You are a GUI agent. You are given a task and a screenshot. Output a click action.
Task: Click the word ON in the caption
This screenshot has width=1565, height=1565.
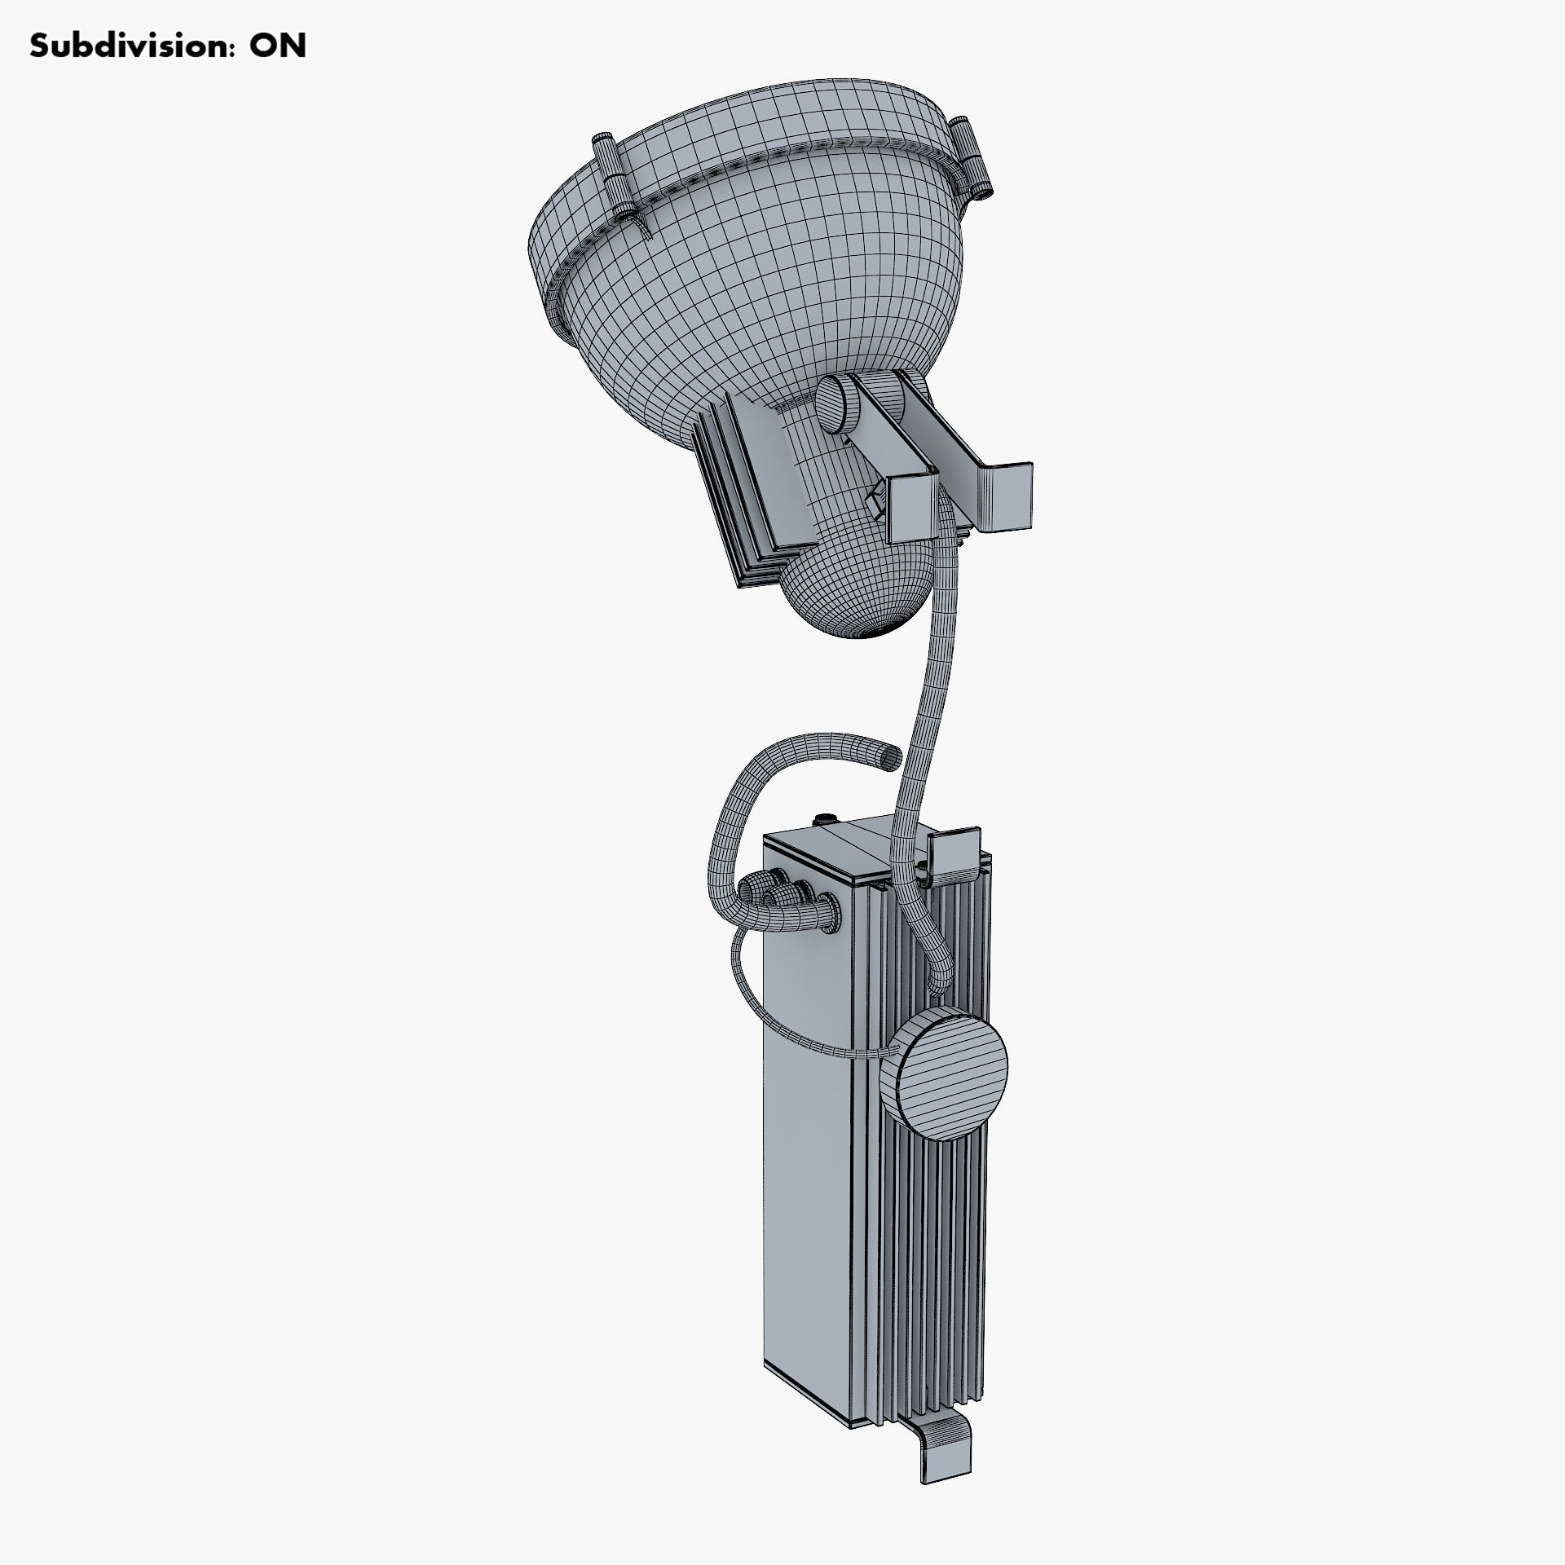(x=278, y=46)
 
